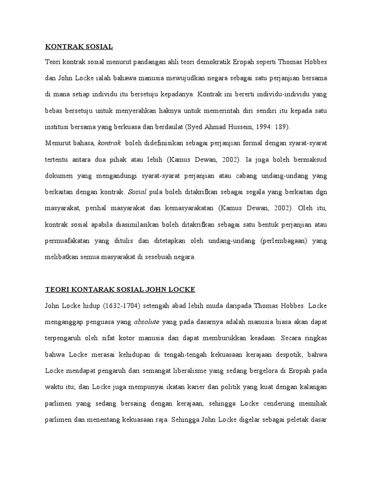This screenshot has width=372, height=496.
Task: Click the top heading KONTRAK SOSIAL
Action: (79, 47)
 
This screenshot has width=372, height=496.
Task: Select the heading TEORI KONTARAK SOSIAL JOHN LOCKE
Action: (120, 290)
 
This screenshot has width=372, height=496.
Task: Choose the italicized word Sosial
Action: (137, 192)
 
